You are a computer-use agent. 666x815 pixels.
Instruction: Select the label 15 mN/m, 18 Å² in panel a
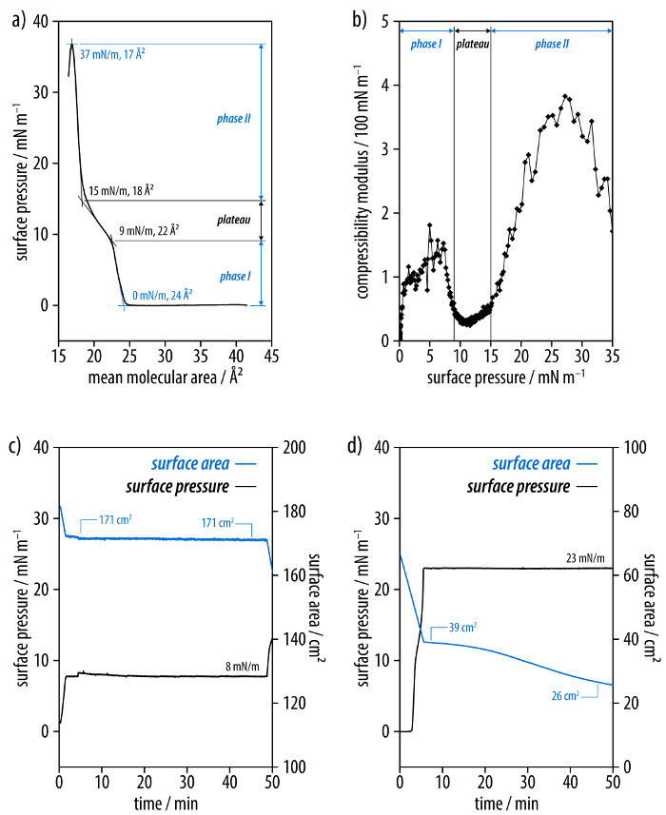121,190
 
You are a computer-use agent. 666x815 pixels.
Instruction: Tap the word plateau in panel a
232,220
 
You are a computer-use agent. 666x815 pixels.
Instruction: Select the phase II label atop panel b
550,44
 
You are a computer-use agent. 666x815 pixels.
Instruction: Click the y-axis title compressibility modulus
364,181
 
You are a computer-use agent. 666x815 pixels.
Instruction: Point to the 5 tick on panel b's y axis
384,20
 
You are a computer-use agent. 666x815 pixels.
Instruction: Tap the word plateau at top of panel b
472,44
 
